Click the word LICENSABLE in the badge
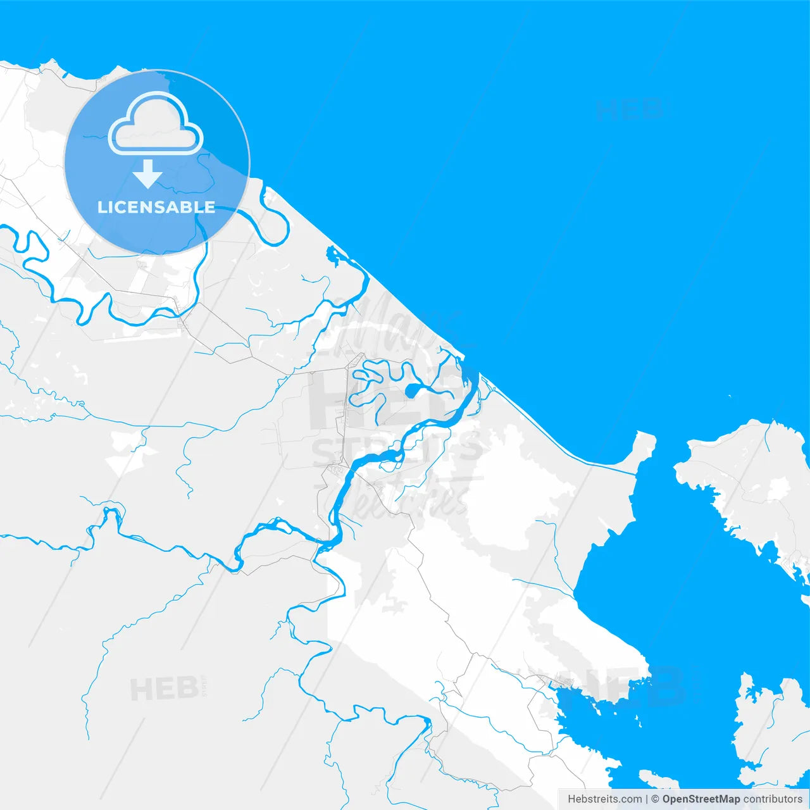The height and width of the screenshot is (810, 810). click(x=156, y=208)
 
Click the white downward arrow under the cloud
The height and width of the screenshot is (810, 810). click(x=147, y=174)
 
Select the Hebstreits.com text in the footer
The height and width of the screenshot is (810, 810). click(x=604, y=799)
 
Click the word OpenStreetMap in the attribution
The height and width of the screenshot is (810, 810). click(x=701, y=799)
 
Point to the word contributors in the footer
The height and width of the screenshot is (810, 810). click(x=773, y=799)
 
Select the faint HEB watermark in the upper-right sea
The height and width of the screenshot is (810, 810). click(x=629, y=109)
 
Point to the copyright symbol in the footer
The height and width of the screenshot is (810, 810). click(x=655, y=799)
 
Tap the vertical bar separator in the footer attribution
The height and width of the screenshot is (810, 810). click(x=647, y=799)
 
